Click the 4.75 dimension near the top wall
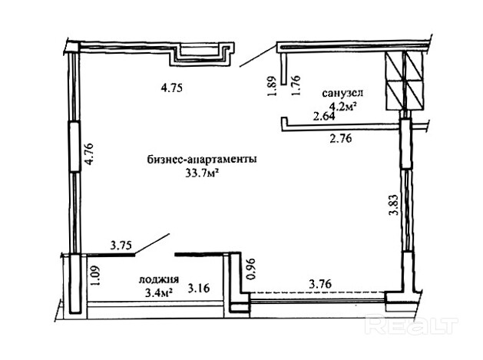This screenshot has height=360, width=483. click(x=172, y=88)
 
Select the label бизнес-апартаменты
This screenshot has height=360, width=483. click(x=202, y=160)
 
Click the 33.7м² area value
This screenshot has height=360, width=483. click(x=202, y=173)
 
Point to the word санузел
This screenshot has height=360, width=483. click(x=342, y=93)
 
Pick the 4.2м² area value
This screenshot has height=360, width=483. click(x=343, y=107)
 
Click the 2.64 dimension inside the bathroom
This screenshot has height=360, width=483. click(x=324, y=117)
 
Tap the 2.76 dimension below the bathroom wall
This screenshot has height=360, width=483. click(x=341, y=139)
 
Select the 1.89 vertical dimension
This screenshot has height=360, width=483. click(x=273, y=86)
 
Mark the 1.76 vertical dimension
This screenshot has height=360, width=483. click(x=296, y=86)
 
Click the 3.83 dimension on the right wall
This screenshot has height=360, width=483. click(x=394, y=204)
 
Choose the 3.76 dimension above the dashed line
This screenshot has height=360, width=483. click(x=320, y=284)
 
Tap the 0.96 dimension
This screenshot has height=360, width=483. click(x=251, y=269)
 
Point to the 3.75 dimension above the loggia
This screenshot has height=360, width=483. click(x=121, y=245)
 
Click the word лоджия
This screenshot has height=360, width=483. click(x=159, y=279)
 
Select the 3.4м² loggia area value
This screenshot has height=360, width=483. click(x=158, y=293)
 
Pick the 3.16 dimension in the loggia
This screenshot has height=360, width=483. click(x=199, y=289)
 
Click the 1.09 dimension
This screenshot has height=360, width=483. click(x=96, y=276)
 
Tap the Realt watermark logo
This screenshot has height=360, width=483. click(x=412, y=324)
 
